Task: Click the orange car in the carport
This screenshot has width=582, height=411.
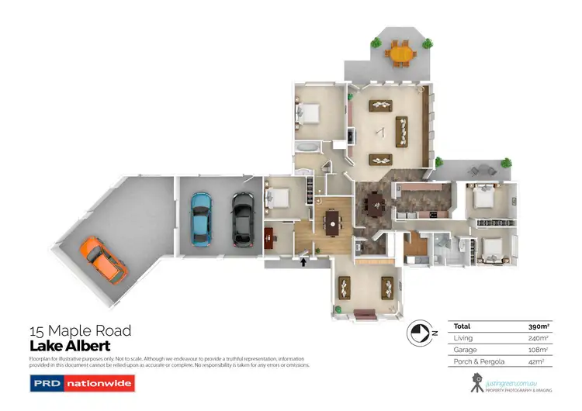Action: (x=102, y=260)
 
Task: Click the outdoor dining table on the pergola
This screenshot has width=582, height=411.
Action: (x=400, y=54)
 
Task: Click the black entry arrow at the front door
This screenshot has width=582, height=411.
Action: (x=302, y=262)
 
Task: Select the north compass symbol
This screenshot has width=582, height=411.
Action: (x=419, y=332)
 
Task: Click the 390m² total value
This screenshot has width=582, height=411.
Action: (x=539, y=326)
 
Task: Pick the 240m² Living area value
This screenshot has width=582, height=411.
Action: (x=539, y=338)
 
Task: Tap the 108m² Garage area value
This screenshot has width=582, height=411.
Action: (x=539, y=350)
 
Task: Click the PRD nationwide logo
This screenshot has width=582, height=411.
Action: (x=82, y=383)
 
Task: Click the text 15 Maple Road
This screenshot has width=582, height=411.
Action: (x=80, y=331)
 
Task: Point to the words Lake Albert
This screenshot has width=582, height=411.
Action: (x=70, y=346)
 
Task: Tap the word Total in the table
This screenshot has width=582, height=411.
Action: (x=462, y=326)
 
